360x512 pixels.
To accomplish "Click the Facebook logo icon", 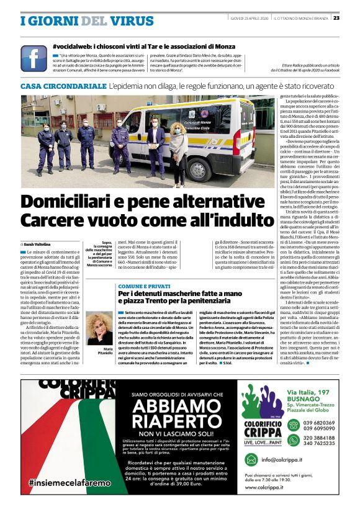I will click(x=34, y=58).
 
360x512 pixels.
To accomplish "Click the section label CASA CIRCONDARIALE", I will click(x=63, y=85).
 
